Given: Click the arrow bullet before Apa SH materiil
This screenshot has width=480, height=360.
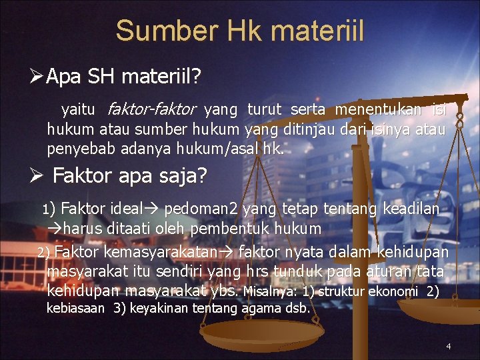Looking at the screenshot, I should coord(38,77).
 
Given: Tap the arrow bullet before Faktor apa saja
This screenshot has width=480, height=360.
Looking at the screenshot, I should coord(38,176).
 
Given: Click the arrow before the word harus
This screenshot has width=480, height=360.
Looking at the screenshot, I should coord(53,228).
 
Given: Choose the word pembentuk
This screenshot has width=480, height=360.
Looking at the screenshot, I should coord(253,228).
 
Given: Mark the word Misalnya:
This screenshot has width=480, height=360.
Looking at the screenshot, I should coord(271,291).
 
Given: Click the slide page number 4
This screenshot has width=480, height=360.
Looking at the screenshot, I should coord(449,346).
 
